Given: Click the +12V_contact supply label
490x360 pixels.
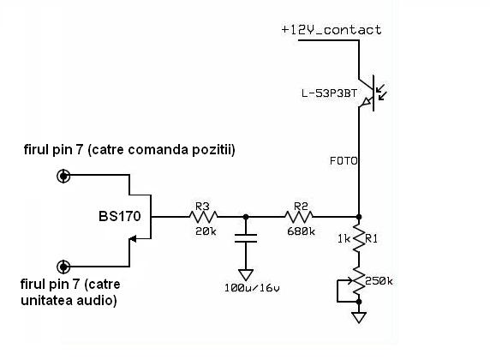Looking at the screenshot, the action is point(332,30).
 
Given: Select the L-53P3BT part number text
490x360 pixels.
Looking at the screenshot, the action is point(329,93).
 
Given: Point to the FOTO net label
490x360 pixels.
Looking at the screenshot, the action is point(344,161).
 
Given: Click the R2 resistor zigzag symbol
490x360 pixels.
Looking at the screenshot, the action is point(299,217).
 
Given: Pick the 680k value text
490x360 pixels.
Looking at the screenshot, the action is point(301,231).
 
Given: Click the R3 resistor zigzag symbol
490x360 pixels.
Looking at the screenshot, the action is point(203,217).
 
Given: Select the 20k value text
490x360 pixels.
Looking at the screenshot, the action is point(206,231).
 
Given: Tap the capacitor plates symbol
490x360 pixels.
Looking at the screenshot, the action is point(246,238).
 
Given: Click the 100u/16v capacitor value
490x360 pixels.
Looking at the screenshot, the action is point(252,288).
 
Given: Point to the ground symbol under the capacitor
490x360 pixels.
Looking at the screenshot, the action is point(246,274).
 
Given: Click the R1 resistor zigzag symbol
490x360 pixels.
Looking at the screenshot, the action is point(359,238).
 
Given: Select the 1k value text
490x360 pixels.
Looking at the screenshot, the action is point(344,239).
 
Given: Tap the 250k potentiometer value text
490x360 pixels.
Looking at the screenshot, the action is point(379,281).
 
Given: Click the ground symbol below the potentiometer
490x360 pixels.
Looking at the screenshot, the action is point(359,317).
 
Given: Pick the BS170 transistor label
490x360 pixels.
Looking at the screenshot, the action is point(120,216).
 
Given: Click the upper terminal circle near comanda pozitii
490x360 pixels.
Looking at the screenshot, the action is point(63,176).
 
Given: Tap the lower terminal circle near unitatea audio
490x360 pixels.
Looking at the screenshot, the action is point(63,267).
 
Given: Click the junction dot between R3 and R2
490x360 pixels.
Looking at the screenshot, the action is point(246,217).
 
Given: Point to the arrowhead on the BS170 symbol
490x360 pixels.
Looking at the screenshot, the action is point(133,239).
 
